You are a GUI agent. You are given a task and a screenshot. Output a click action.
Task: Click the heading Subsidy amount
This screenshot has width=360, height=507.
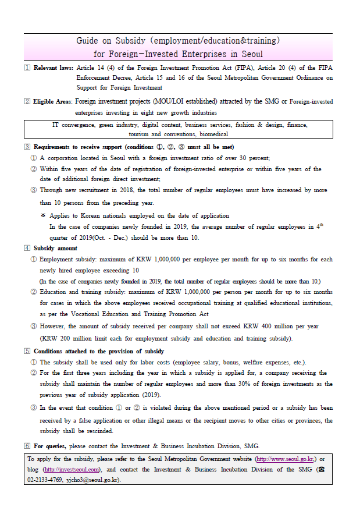(58, 248)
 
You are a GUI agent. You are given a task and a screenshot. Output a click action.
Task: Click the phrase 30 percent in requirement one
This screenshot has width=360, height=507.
(252, 158)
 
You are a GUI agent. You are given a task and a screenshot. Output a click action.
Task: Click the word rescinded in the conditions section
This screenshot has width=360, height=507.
(101, 431)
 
